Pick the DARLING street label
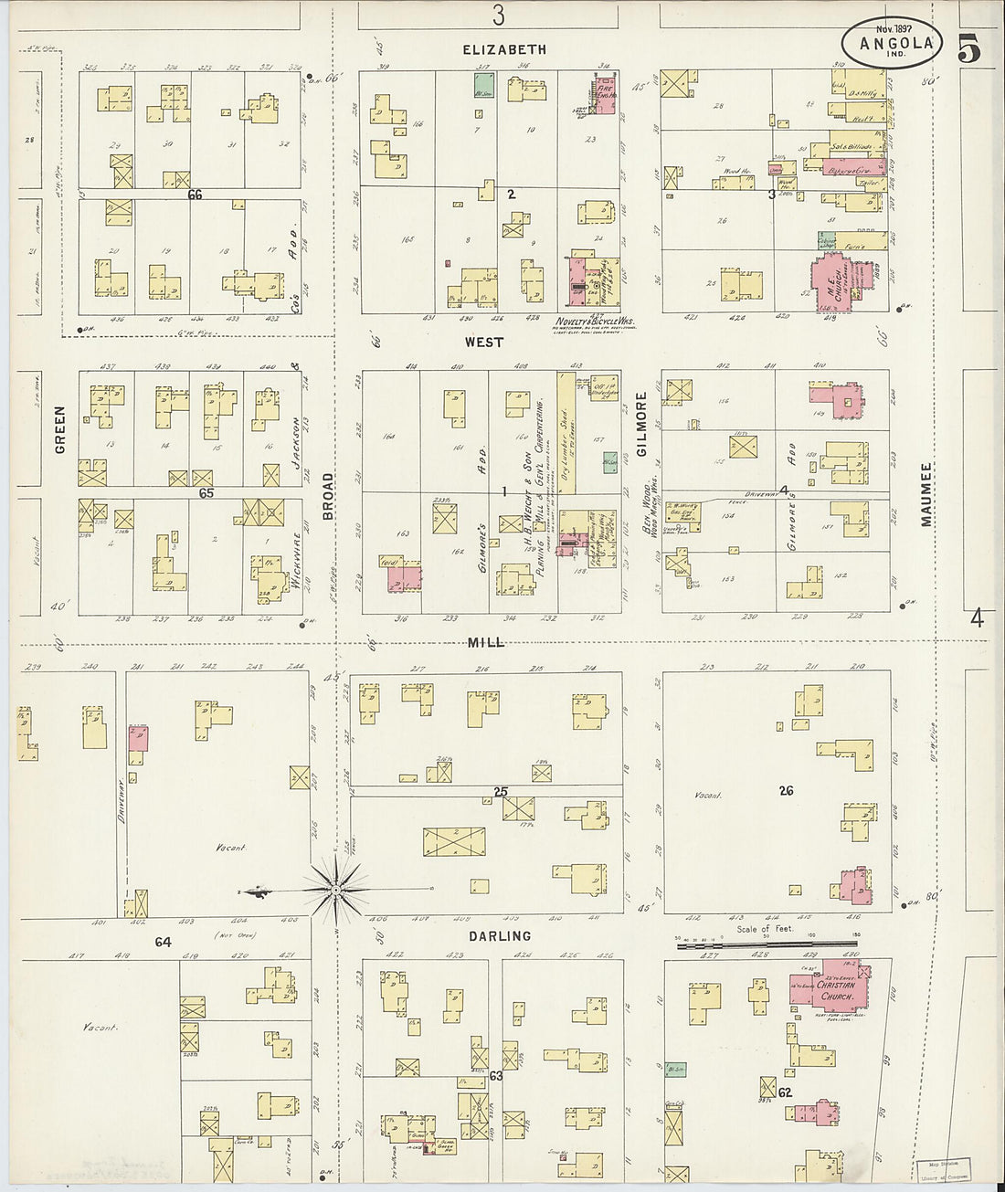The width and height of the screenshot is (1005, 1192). [x=500, y=936]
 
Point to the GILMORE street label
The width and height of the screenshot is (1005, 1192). [x=641, y=425]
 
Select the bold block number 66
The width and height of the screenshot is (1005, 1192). [x=194, y=195]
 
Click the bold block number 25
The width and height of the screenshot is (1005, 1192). [x=501, y=791]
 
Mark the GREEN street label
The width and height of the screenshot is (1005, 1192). [x=60, y=436]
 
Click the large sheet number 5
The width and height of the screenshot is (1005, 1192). [x=970, y=52]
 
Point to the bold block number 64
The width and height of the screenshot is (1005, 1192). [x=163, y=942]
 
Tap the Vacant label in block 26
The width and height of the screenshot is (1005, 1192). [x=708, y=796]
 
